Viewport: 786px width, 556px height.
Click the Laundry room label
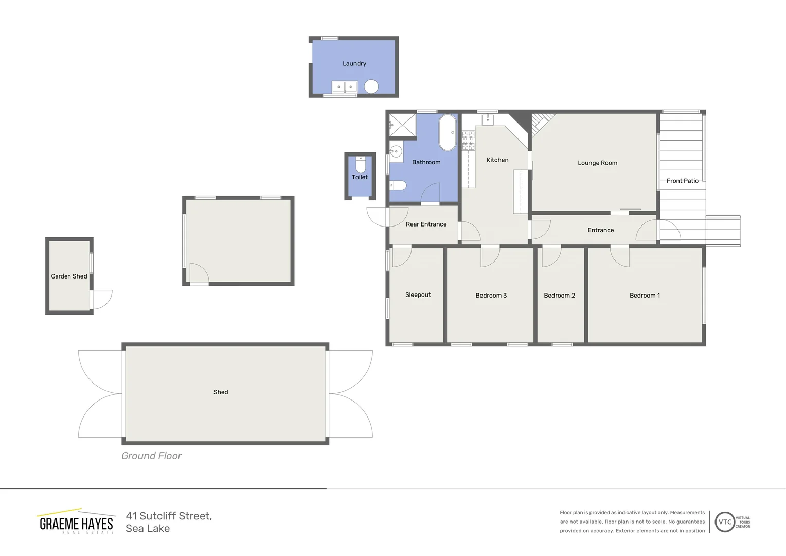354,64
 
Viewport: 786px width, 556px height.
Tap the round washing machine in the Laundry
371,86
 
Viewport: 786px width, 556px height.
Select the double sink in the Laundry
344,87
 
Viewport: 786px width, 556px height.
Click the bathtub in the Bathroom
448,132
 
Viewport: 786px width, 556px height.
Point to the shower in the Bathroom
402,125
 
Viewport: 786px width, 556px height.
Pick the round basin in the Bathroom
396,151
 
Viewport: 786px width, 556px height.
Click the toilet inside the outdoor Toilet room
361,165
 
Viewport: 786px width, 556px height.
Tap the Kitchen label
497,160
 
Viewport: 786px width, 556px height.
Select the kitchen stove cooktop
468,141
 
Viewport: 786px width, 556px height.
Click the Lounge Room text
597,163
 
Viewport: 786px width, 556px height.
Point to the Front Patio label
682,181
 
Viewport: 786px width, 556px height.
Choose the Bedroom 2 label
559,296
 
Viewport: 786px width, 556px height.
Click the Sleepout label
418,295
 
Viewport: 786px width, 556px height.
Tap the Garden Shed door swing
103,299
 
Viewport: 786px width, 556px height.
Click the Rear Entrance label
426,224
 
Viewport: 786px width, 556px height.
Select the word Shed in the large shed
221,392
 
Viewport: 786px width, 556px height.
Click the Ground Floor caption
151,456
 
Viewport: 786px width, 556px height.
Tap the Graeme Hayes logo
76,522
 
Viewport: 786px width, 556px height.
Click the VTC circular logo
725,522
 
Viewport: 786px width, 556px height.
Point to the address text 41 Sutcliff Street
169,516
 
